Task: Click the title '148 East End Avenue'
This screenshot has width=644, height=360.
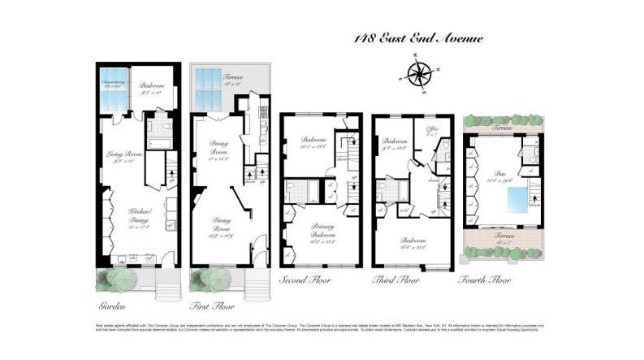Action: coord(420,37)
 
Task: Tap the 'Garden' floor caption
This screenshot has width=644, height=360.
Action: coord(113,306)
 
